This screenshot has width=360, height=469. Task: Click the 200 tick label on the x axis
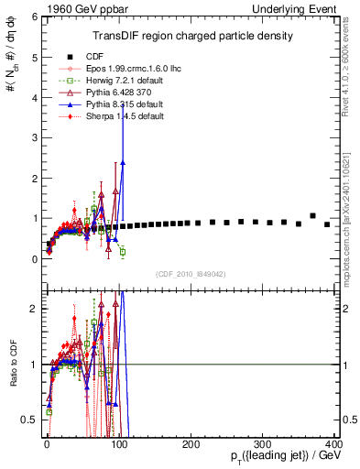click(x=191, y=444)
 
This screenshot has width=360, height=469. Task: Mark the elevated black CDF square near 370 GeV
click(x=313, y=216)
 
